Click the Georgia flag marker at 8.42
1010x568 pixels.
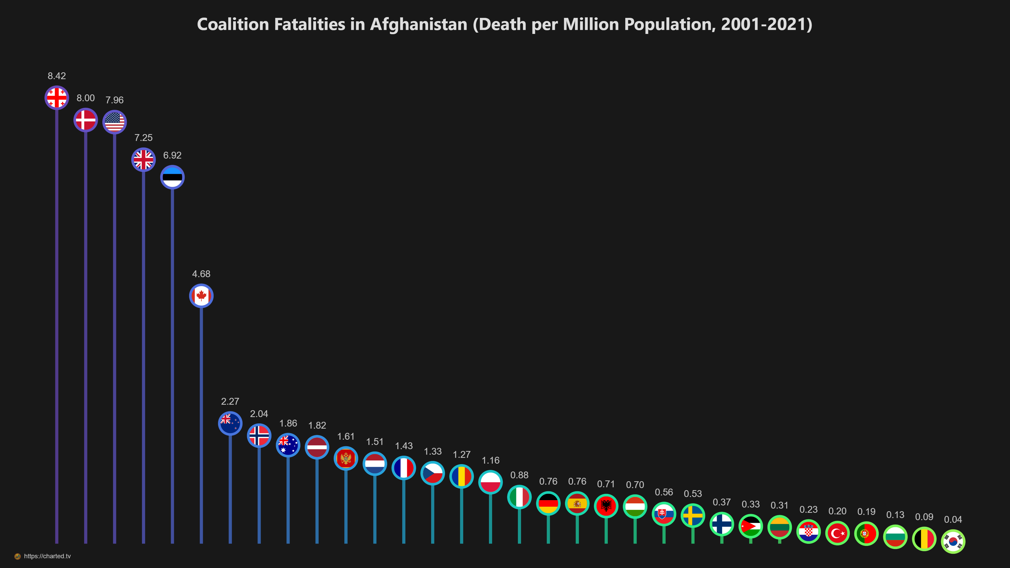pyautogui.click(x=57, y=98)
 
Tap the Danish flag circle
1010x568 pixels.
pyautogui.click(x=85, y=120)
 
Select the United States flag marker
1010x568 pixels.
pyautogui.click(x=114, y=122)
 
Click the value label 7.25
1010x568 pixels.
pyautogui.click(x=144, y=138)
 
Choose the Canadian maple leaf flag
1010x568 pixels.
pyautogui.click(x=201, y=296)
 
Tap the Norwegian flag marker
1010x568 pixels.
pyautogui.click(x=259, y=435)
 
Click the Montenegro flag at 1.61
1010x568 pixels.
pyautogui.click(x=346, y=458)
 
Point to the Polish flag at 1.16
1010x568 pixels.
pyautogui.click(x=491, y=482)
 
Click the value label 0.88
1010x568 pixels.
pyautogui.click(x=519, y=475)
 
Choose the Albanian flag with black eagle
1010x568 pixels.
pyautogui.click(x=606, y=506)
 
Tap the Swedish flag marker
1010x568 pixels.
pyautogui.click(x=693, y=515)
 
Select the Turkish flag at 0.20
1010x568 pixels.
pyautogui.click(x=837, y=533)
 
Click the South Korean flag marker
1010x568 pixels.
pyautogui.click(x=953, y=541)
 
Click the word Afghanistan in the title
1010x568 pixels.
pyautogui.click(x=419, y=24)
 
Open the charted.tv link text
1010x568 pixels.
pyautogui.click(x=47, y=556)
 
